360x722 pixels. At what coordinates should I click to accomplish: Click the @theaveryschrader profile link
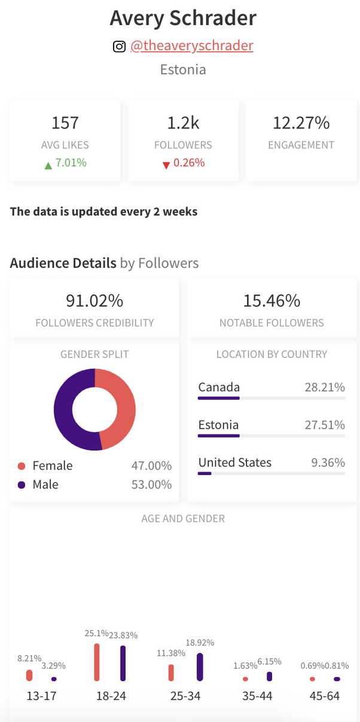click(191, 46)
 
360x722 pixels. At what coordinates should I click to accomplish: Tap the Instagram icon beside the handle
click(119, 46)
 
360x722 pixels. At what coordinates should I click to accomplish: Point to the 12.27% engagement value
click(301, 123)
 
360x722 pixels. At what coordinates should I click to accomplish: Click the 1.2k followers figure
click(183, 123)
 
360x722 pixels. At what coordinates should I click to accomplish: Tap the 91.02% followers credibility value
click(94, 300)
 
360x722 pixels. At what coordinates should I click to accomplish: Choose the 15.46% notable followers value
click(271, 300)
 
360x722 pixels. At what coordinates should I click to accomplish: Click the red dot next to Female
click(22, 466)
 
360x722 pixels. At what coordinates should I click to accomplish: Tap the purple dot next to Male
click(22, 485)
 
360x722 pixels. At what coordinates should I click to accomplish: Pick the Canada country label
click(219, 387)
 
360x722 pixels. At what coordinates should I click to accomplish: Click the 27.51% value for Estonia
click(325, 425)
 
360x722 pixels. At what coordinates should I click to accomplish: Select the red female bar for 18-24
click(97, 662)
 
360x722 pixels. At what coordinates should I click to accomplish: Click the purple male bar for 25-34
click(200, 667)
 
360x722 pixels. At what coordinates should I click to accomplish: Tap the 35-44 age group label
click(258, 696)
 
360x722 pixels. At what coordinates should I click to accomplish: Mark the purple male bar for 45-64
click(337, 679)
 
